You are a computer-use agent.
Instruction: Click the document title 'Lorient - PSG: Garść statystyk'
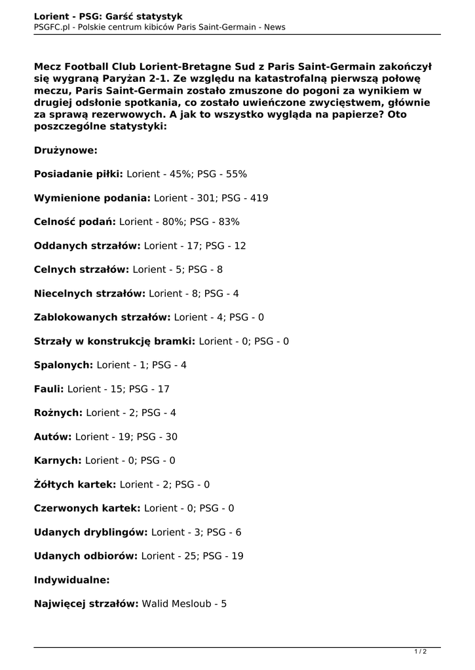click(108, 16)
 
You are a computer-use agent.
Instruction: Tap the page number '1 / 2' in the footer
click(420, 651)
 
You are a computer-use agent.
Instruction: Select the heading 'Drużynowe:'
click(66, 150)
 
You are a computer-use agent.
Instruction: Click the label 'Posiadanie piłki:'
click(79, 174)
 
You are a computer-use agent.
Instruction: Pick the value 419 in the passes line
click(259, 198)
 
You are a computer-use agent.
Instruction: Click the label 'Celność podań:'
click(75, 222)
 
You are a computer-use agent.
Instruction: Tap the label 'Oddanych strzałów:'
click(86, 245)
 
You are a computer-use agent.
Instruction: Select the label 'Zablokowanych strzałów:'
click(102, 317)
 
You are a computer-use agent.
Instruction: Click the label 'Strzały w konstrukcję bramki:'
click(115, 341)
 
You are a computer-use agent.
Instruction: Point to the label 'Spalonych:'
click(64, 365)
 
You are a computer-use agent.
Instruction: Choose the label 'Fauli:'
click(48, 389)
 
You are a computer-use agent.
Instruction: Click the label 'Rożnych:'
click(58, 413)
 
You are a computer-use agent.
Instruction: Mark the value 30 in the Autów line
click(171, 436)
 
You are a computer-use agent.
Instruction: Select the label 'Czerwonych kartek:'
click(87, 508)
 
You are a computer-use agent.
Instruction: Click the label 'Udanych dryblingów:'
click(91, 532)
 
